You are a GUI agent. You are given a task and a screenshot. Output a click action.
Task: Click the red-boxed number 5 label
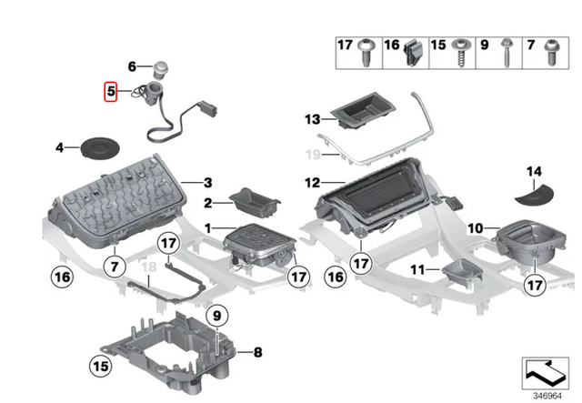(110, 91)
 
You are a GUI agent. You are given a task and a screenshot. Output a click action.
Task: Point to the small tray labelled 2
(252, 198)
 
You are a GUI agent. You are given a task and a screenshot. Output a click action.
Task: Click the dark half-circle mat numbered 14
(531, 193)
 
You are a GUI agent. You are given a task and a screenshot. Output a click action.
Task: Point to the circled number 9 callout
(216, 316)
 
